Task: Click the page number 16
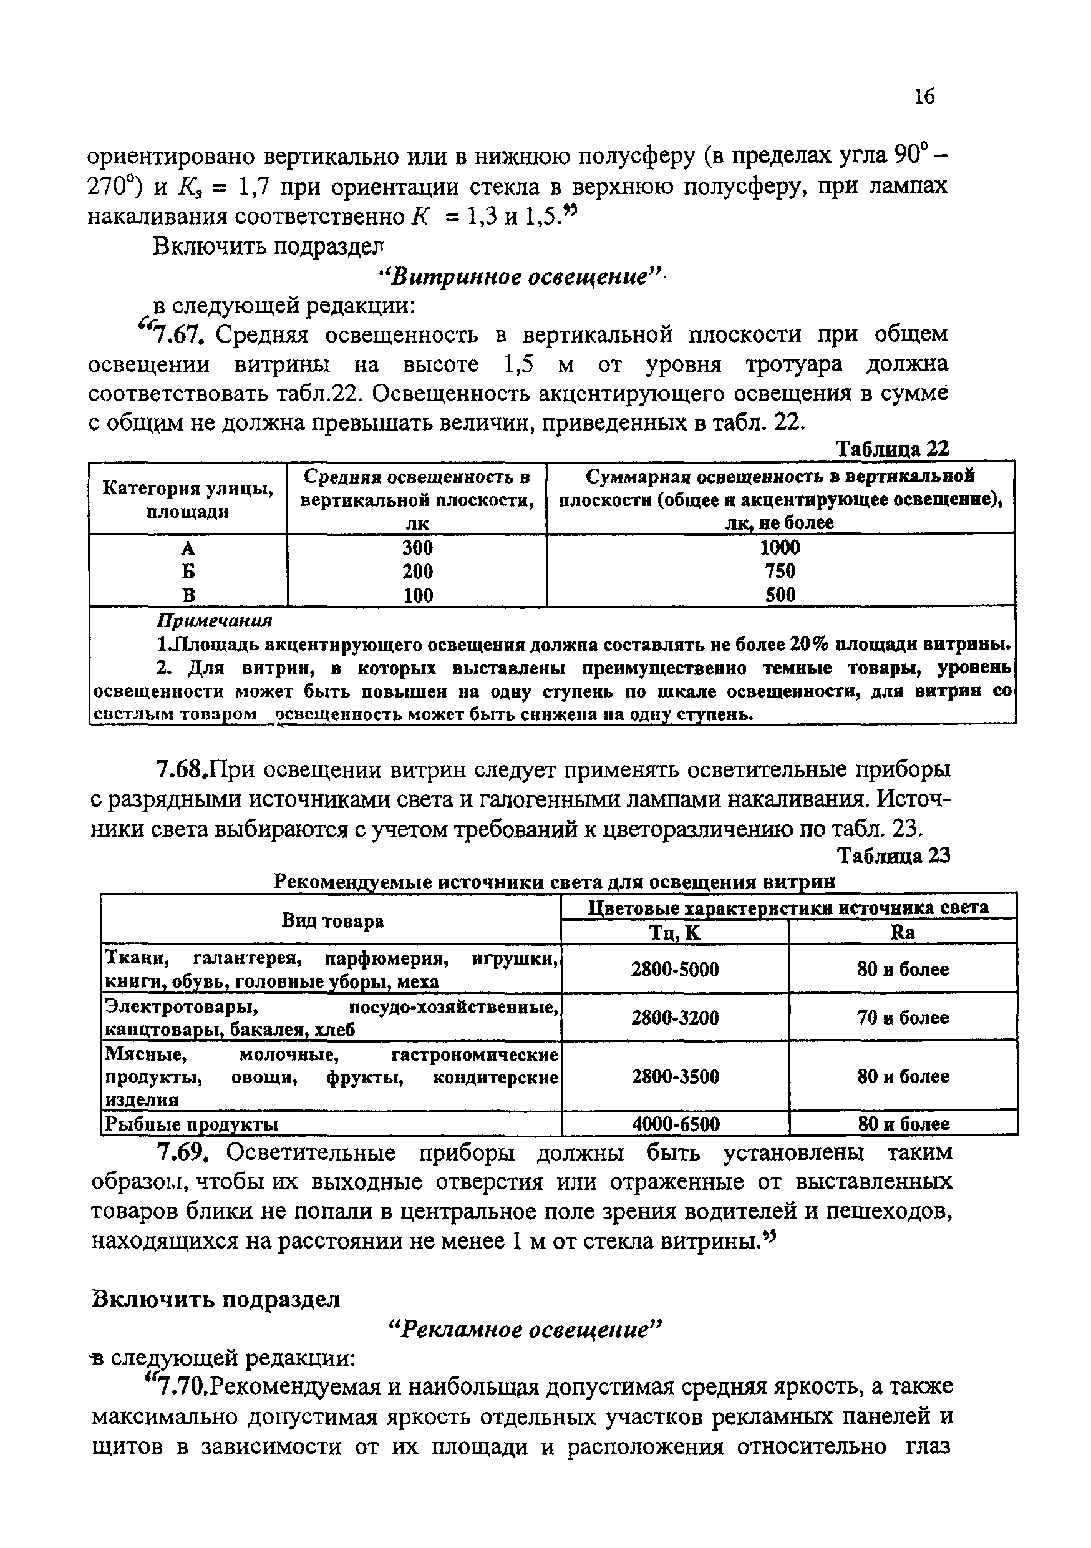[x=924, y=97]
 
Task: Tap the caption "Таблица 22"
[x=892, y=449]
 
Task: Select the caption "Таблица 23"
[x=893, y=855]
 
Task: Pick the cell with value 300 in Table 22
[x=417, y=547]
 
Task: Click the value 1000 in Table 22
[x=780, y=547]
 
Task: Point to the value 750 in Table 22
[x=780, y=571]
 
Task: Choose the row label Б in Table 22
[x=188, y=572]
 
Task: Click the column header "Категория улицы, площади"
[x=188, y=499]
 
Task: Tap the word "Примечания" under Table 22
[x=215, y=620]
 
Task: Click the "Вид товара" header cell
[x=333, y=921]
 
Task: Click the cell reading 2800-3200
[x=674, y=1018]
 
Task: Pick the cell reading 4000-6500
[x=675, y=1124]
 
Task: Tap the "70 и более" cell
[x=903, y=1018]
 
